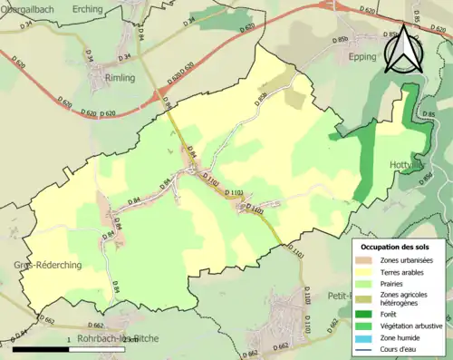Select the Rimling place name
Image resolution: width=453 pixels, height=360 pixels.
(119, 78)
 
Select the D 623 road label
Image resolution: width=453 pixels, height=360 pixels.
(247, 27)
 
